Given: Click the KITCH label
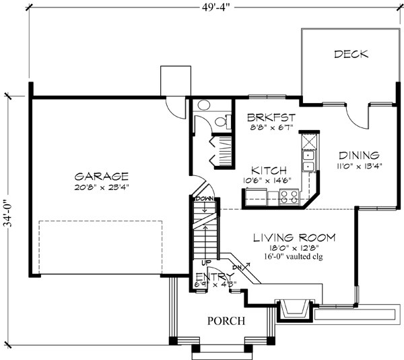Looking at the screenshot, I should [269, 171].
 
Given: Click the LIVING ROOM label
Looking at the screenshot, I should [294, 237].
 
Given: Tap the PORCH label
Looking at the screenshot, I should [226, 320].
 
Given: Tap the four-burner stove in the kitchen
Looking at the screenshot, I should [290, 197].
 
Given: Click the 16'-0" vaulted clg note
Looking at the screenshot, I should [294, 257].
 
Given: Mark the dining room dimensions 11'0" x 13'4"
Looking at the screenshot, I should [359, 167].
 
